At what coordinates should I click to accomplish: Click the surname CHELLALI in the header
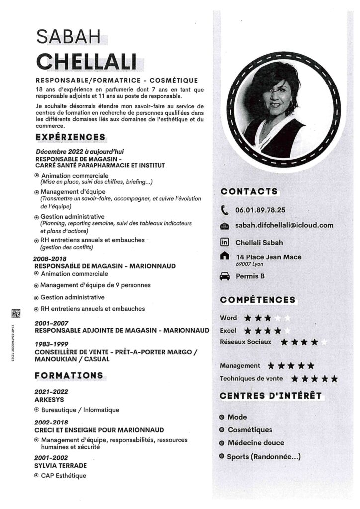point(87,61)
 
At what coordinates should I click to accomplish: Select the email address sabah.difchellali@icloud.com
point(284,225)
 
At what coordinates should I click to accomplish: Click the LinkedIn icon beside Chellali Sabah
point(225,242)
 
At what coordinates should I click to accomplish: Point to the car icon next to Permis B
point(225,276)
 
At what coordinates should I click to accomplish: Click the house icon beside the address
point(225,256)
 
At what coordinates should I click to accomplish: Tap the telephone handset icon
point(225,210)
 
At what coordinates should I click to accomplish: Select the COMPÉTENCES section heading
point(258,300)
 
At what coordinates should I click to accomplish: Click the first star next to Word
point(248,318)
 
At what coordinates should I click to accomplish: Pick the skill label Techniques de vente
point(252,379)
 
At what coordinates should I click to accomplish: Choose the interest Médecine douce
point(256,443)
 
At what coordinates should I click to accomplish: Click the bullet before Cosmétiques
point(222,430)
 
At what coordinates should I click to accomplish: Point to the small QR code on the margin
point(15,313)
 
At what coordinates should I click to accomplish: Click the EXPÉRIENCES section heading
point(70,137)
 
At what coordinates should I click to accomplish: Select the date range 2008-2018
point(50,259)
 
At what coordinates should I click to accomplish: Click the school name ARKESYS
point(49,399)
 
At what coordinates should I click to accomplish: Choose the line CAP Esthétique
point(63,476)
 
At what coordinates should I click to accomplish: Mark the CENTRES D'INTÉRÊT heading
point(270,396)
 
